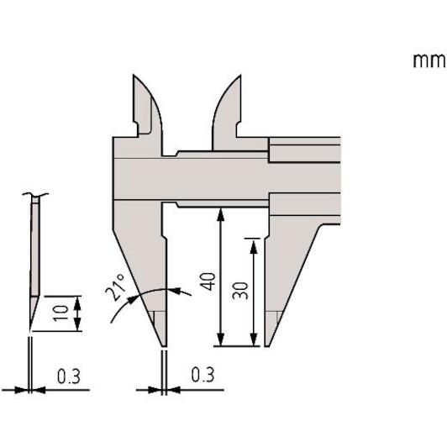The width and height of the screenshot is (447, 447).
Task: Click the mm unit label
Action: click(x=429, y=60)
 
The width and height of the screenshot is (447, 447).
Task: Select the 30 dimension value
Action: click(x=240, y=291)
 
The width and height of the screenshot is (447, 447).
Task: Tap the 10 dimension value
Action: click(x=61, y=313)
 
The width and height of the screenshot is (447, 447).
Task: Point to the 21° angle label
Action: click(x=115, y=287)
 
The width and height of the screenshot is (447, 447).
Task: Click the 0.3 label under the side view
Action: click(x=69, y=376)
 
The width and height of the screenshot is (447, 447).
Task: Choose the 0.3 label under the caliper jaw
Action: click(x=202, y=375)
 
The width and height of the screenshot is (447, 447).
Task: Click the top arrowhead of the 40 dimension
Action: click(x=220, y=214)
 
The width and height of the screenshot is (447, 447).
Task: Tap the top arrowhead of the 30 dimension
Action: click(x=254, y=246)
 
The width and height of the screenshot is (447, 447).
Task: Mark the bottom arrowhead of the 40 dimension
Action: click(x=221, y=339)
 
